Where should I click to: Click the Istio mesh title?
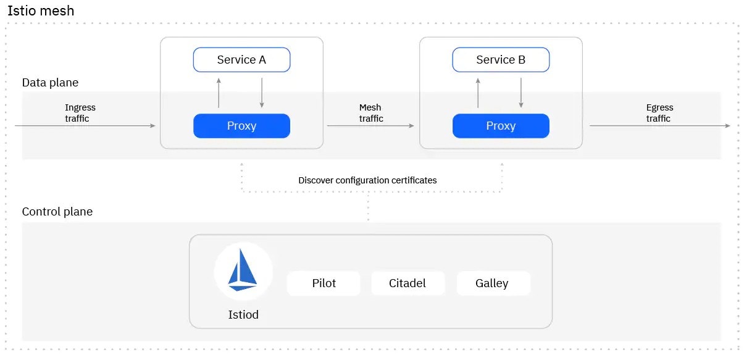pos(41,10)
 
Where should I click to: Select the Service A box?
pos(241,60)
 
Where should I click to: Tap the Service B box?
pos(501,60)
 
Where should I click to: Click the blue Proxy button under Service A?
pos(241,126)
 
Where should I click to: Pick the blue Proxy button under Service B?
pos(501,126)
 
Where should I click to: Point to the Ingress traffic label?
pos(80,112)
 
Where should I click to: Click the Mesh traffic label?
pos(370,112)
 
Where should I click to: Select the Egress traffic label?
pos(659,112)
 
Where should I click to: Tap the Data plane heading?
pos(50,83)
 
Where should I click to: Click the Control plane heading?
pos(57,212)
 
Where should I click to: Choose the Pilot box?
pos(324,283)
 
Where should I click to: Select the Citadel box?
pos(408,283)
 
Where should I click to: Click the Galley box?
pos(492,283)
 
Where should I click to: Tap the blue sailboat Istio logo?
pos(243,272)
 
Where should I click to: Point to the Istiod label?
pos(243,315)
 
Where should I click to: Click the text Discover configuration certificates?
pos(367,180)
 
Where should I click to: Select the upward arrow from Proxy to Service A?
pos(219,93)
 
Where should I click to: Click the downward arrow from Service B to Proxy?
pos(521,93)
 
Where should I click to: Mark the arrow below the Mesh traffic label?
pos(370,126)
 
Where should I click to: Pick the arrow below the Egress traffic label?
pos(659,126)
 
